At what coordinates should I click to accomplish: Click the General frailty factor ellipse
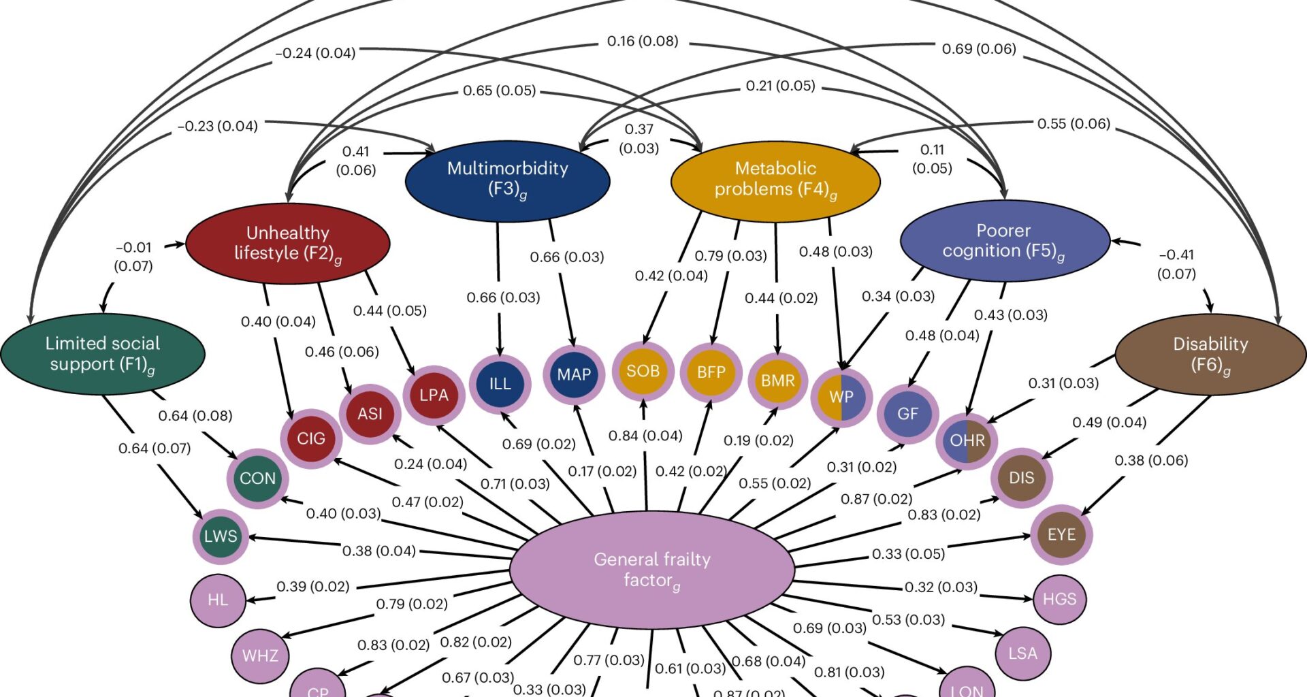pos(651,569)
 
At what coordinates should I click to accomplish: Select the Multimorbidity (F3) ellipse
pos(507,181)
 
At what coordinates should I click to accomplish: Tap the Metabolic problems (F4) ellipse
pos(775,180)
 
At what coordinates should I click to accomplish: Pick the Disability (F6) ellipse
pos(1210,354)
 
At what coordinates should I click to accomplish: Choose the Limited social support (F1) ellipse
pos(103,353)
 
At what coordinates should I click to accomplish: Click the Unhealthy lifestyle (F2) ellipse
pos(287,243)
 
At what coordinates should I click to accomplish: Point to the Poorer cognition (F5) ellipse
pos(1004,241)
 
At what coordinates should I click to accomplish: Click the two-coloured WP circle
pos(841,397)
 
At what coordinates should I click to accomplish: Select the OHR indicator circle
pos(967,440)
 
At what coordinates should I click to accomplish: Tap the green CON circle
pos(257,479)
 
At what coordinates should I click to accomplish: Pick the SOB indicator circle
pos(643,371)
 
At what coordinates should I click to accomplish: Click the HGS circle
pos(1059,599)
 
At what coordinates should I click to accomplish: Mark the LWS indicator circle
pos(221,536)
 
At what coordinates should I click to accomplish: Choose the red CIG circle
pos(311,438)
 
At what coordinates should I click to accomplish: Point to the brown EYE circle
pos(1061,534)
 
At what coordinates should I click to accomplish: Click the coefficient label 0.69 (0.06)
pos(978,49)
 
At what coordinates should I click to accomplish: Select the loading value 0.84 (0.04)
pos(645,436)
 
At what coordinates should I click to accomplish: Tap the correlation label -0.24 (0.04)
pos(315,53)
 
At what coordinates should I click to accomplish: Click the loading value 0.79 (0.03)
pos(730,256)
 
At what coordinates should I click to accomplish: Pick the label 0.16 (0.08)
pos(642,42)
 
